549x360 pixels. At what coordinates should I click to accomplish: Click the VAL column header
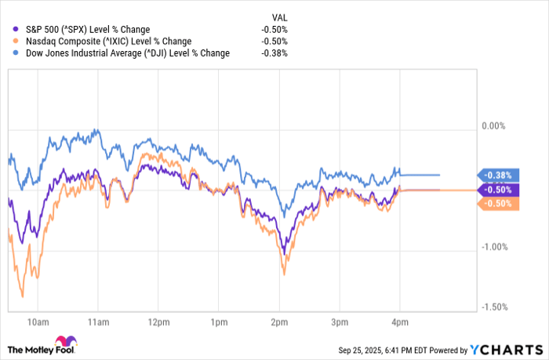click(279, 16)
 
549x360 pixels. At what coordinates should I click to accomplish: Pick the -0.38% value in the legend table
click(274, 53)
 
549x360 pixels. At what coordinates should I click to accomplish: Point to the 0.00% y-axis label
click(494, 125)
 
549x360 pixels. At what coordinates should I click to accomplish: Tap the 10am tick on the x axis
click(37, 322)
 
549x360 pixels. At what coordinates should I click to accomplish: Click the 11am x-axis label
click(97, 322)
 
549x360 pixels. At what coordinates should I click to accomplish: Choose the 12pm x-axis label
click(158, 322)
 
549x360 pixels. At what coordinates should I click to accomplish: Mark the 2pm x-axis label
click(278, 322)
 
